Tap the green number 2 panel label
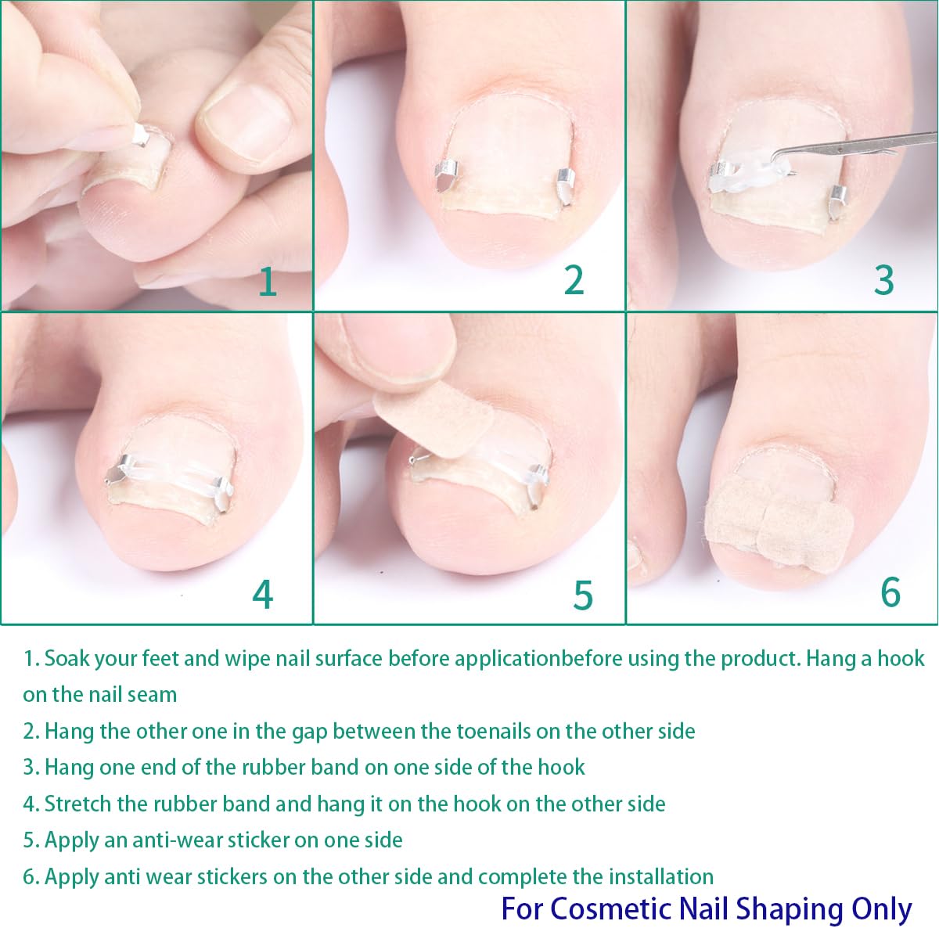point(574,280)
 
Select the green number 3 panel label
point(884,280)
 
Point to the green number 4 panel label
point(263,594)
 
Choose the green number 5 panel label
point(583,595)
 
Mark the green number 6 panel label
point(890,592)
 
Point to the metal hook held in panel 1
point(140,135)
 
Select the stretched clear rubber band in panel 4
point(171,477)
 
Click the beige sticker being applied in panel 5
point(434,420)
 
